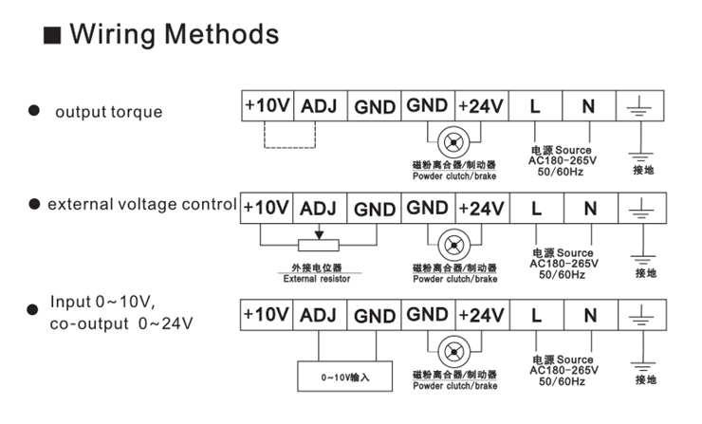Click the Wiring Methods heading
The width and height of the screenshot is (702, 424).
[175, 36]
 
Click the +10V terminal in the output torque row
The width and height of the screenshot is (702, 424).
[267, 105]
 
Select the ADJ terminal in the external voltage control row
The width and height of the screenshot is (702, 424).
[320, 207]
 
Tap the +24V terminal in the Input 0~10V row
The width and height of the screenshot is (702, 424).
[481, 314]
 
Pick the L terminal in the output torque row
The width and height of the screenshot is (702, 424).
[535, 105]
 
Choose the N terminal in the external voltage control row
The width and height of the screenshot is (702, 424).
[589, 207]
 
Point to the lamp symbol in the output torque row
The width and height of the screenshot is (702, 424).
[454, 141]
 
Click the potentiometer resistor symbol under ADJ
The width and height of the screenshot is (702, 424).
[320, 245]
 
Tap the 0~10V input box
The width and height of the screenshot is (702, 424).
[343, 377]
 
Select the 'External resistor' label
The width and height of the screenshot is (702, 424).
[317, 279]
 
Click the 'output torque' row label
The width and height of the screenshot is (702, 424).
[108, 112]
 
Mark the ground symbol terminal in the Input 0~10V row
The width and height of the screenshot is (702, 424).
[644, 315]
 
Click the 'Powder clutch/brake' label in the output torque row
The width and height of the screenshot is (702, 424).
[454, 176]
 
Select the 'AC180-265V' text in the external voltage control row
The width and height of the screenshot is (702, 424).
[563, 264]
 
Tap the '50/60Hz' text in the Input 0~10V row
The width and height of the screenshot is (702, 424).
[563, 381]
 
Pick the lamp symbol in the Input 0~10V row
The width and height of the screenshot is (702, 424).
[454, 350]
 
